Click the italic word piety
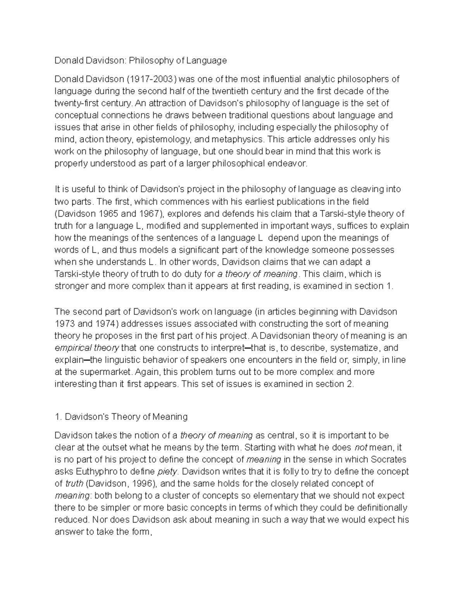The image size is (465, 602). pos(167,472)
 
